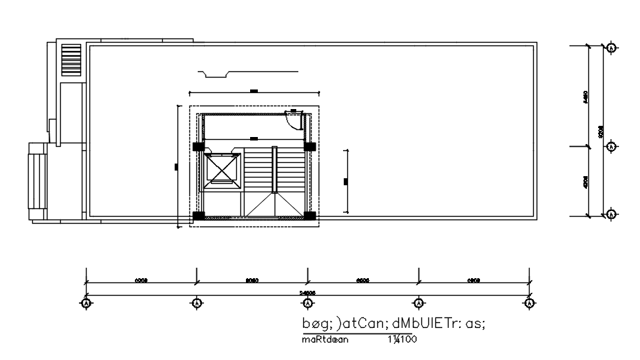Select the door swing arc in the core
298,121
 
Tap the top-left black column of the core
199,147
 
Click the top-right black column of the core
308,147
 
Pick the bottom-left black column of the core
199,215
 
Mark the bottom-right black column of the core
308,215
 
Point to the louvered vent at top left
71,56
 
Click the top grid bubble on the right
611,48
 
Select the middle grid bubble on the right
611,147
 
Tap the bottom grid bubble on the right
611,215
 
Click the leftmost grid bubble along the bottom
86,303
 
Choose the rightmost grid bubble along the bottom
529,303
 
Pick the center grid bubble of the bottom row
307,303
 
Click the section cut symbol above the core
248,71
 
